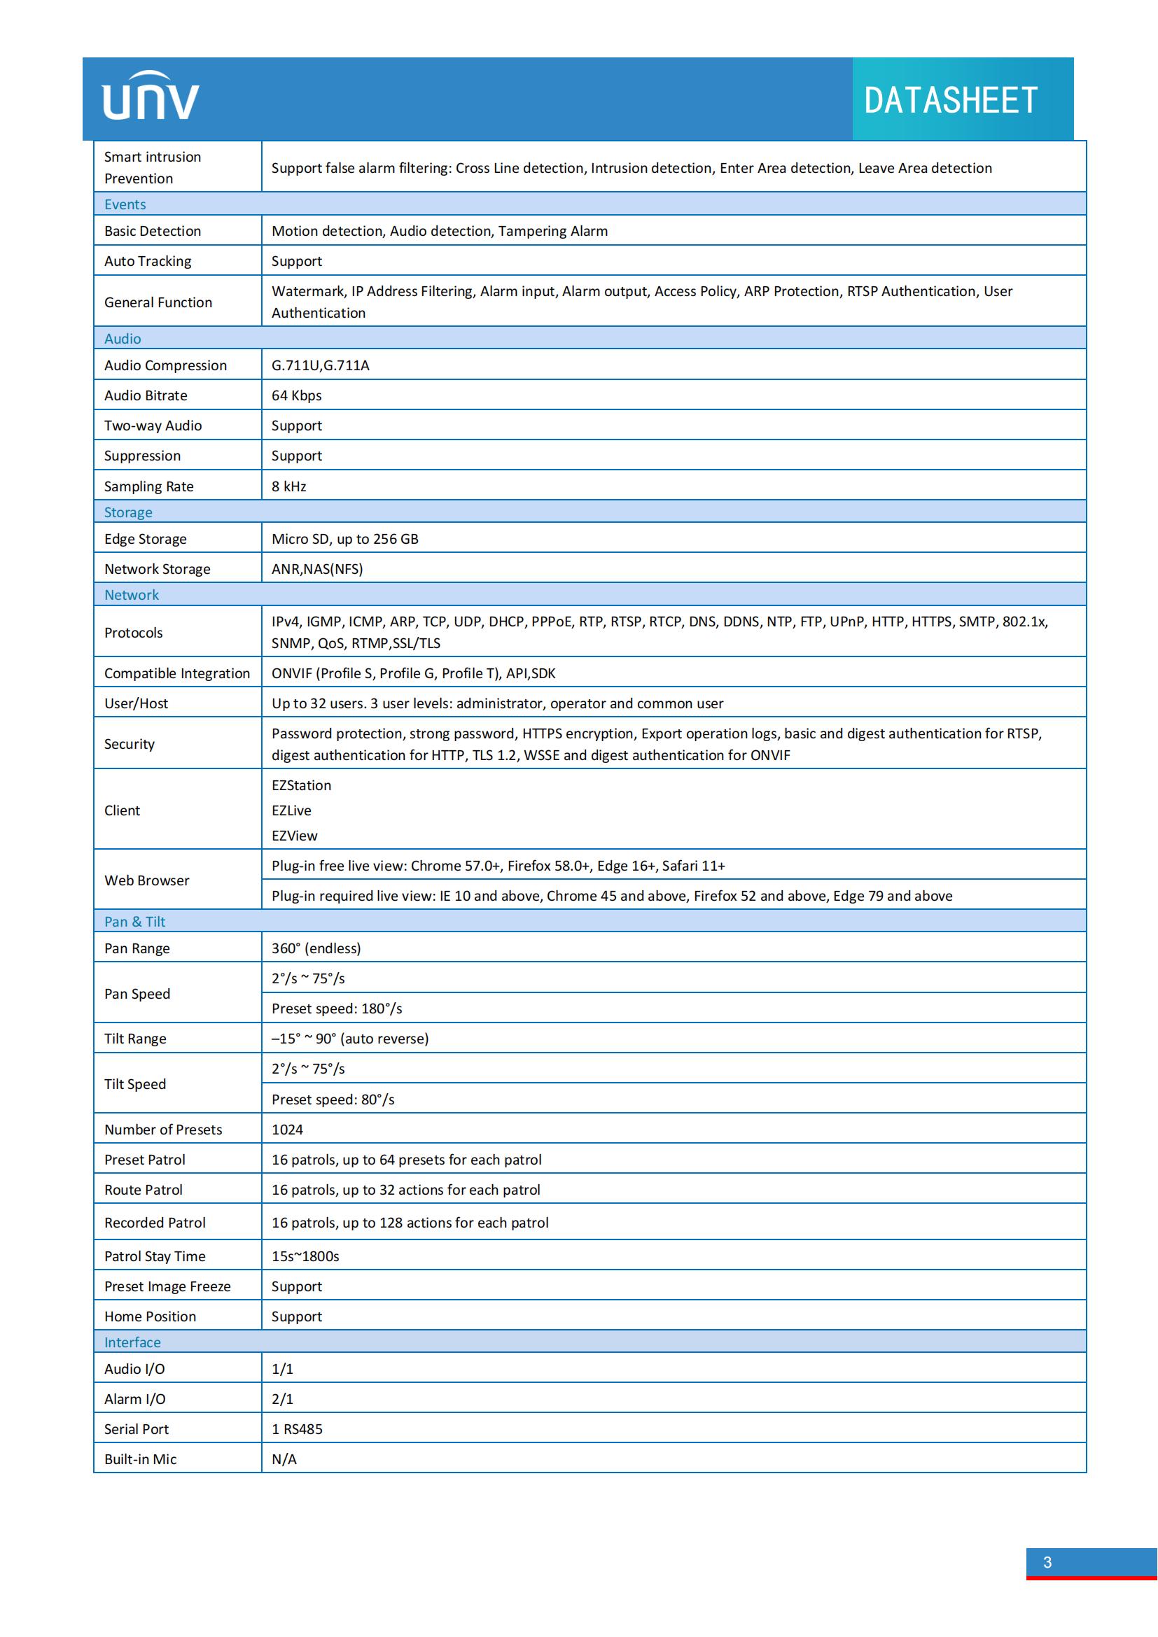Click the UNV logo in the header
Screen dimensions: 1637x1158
tap(151, 97)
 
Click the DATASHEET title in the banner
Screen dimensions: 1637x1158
tap(950, 101)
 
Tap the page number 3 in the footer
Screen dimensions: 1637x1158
tap(1047, 1562)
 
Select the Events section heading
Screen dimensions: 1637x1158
tap(125, 204)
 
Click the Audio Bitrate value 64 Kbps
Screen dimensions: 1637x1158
tap(297, 395)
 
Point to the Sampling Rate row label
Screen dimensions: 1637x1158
tap(148, 486)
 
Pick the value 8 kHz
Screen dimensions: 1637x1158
tap(288, 486)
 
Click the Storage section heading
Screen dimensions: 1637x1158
tap(127, 512)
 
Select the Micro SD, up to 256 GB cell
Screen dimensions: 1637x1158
tap(344, 539)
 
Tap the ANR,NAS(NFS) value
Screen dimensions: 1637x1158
tap(316, 569)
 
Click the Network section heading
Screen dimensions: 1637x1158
tap(131, 595)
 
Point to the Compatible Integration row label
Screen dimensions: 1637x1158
tap(177, 673)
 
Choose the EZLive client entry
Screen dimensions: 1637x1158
tap(291, 810)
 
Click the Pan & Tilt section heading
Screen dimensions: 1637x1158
tap(134, 921)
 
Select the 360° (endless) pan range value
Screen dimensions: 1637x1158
tap(316, 948)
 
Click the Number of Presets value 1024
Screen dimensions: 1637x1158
tap(286, 1130)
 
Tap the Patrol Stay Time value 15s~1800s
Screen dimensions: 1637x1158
tap(305, 1256)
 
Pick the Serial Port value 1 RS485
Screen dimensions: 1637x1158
tap(297, 1429)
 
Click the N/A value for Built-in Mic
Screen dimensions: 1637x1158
tap(284, 1459)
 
